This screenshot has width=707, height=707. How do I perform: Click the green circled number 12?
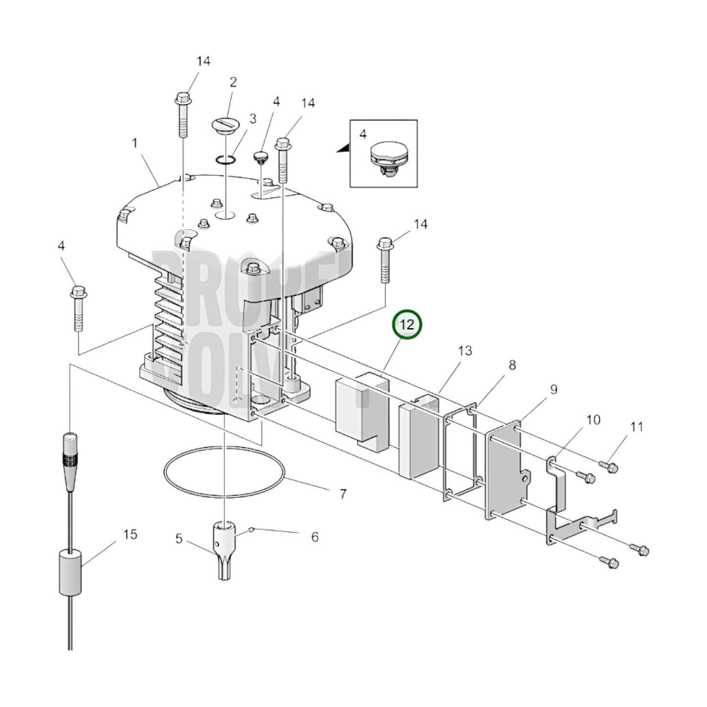click(407, 324)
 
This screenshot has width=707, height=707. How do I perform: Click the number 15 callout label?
click(130, 534)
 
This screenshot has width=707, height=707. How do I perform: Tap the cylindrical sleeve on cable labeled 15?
click(69, 571)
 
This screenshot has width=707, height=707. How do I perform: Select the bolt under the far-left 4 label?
click(78, 309)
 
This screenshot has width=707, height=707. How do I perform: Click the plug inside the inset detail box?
click(388, 158)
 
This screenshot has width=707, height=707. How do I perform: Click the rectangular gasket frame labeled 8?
click(460, 453)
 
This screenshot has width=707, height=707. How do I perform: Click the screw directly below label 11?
click(609, 467)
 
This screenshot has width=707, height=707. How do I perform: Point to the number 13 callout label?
click(465, 351)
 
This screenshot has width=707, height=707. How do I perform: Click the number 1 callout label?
click(135, 143)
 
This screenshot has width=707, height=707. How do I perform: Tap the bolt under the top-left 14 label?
click(182, 115)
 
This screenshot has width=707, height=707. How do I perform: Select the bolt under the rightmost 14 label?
click(385, 259)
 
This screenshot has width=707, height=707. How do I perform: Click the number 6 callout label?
click(315, 537)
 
